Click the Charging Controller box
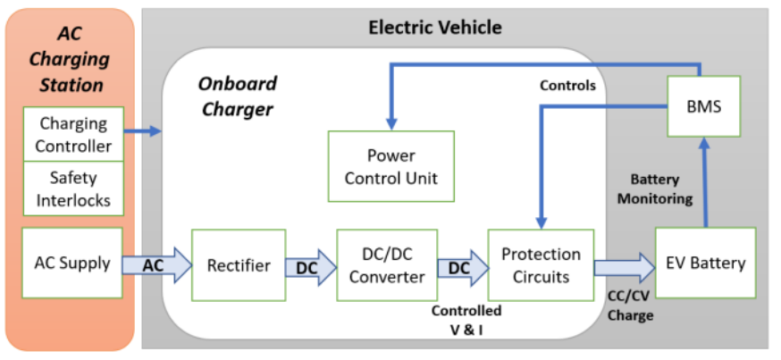click(x=74, y=134)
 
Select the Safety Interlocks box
click(x=74, y=188)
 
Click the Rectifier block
click(x=239, y=264)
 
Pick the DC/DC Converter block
click(x=387, y=265)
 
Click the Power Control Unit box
click(x=390, y=166)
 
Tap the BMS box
click(x=705, y=106)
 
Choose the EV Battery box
click(x=705, y=264)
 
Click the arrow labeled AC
click(x=156, y=264)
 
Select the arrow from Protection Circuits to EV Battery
click(x=624, y=265)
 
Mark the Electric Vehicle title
click(x=435, y=28)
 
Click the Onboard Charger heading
click(x=237, y=96)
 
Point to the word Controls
click(x=567, y=86)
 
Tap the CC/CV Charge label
click(x=630, y=306)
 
